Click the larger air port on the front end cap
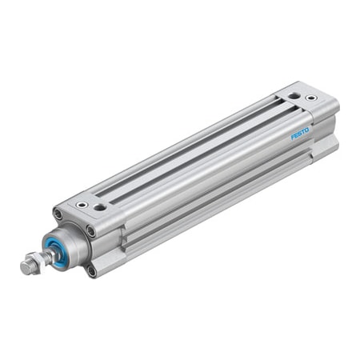tap(99, 207)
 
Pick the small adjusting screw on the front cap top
tap(81, 204)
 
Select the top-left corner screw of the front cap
tap(58, 213)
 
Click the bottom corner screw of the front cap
tap(93, 271)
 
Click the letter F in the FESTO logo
tap(293, 138)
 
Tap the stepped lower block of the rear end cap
tap(328, 145)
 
